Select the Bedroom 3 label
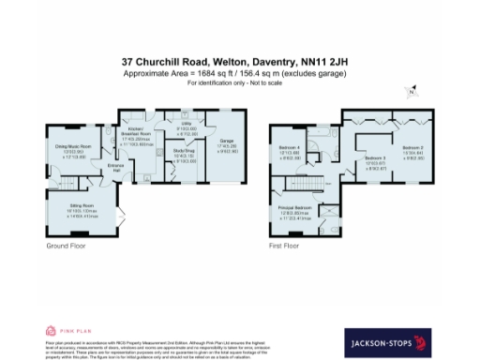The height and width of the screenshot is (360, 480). pos(375,158)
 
